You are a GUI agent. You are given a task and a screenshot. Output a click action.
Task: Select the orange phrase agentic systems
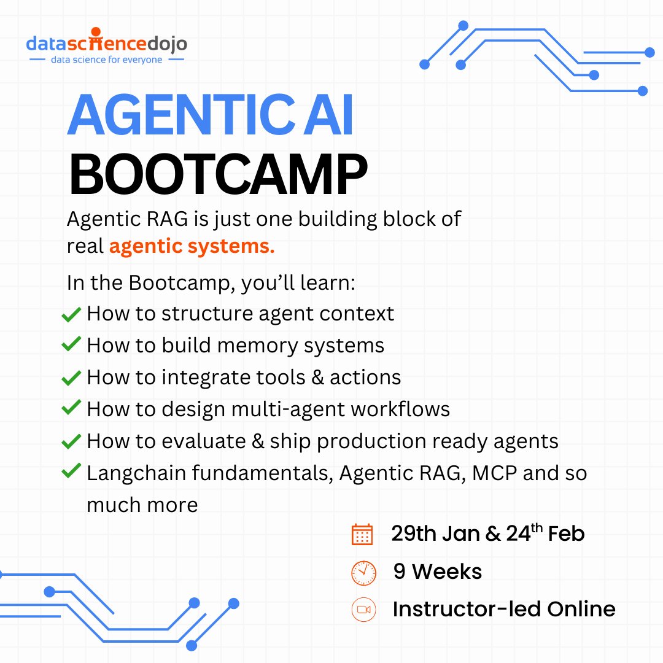click(192, 247)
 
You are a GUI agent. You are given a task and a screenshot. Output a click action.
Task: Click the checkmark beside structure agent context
click(72, 315)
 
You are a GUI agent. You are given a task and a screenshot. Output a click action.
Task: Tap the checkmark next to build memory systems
click(72, 345)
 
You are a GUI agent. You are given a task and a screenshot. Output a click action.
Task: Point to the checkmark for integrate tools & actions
click(72, 378)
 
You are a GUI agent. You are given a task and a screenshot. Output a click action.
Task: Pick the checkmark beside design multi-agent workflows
click(72, 408)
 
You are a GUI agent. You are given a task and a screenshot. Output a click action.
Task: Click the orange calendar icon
click(362, 534)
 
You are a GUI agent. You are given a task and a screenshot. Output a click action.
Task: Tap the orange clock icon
click(363, 573)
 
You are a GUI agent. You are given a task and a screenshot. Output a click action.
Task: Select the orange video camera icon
click(363, 610)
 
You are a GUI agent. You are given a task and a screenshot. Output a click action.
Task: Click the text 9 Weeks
click(438, 572)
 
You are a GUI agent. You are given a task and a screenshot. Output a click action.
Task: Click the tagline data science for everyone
click(106, 60)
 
